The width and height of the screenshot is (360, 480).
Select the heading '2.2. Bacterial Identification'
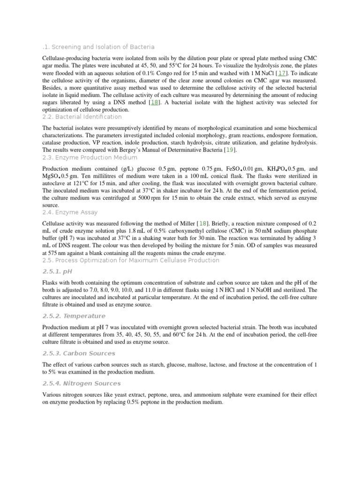click(x=82, y=117)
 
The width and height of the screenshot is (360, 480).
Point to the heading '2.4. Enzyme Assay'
click(x=70, y=212)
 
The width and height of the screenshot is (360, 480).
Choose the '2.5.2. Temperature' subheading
click(x=74, y=316)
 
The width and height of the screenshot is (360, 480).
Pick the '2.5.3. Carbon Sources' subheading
click(x=78, y=353)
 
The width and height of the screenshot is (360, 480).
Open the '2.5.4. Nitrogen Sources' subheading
click(x=82, y=383)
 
